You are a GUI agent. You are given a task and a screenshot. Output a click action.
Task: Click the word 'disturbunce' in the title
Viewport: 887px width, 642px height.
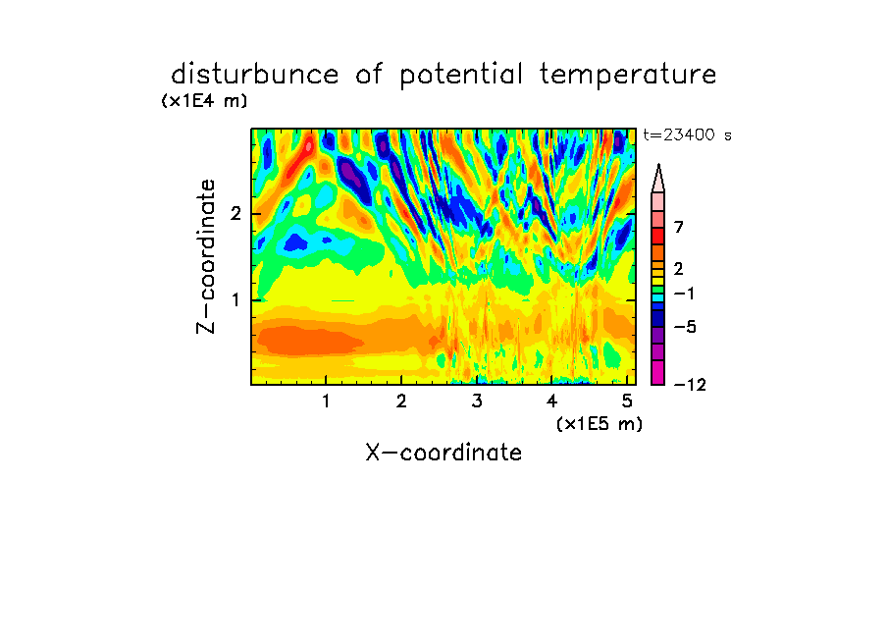(x=255, y=75)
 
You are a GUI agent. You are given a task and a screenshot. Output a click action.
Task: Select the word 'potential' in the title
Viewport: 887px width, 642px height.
(x=461, y=76)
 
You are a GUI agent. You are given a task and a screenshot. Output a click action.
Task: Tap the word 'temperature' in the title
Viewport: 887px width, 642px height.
(x=628, y=76)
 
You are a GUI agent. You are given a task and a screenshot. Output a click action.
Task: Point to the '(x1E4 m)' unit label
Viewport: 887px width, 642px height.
(x=204, y=101)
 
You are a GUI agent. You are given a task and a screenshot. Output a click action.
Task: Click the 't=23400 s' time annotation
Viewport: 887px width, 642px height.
(x=687, y=135)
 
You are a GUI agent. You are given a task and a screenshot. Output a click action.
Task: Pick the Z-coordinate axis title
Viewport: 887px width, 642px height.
(x=206, y=256)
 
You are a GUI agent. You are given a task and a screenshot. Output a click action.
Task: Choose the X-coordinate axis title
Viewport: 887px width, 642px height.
(x=443, y=453)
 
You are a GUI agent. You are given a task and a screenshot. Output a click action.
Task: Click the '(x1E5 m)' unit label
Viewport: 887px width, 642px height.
(x=600, y=424)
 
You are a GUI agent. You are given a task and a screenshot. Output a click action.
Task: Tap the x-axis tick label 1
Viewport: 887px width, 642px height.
(x=326, y=401)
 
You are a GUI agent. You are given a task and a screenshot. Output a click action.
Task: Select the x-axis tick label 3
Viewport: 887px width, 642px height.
(x=477, y=401)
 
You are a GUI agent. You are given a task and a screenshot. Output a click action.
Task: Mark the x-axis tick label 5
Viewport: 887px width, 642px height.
(x=627, y=401)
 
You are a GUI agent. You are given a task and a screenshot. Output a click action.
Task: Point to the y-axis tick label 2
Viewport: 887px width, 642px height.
(x=235, y=214)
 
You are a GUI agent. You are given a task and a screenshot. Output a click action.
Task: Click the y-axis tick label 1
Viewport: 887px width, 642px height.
(x=235, y=300)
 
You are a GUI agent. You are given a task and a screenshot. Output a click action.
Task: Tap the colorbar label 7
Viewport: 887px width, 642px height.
(x=679, y=228)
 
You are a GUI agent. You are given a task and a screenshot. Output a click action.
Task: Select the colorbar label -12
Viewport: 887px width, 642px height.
(x=690, y=385)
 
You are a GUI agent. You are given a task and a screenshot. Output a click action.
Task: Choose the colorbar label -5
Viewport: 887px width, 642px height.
(x=685, y=327)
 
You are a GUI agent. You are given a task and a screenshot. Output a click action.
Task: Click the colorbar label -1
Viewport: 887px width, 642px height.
(x=684, y=294)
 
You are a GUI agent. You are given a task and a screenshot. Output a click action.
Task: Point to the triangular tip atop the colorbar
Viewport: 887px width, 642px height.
(x=658, y=165)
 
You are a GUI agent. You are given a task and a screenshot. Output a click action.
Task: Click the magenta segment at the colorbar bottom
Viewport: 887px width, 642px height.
(x=658, y=372)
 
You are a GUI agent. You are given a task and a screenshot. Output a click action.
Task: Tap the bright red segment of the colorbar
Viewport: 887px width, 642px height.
(x=658, y=236)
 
